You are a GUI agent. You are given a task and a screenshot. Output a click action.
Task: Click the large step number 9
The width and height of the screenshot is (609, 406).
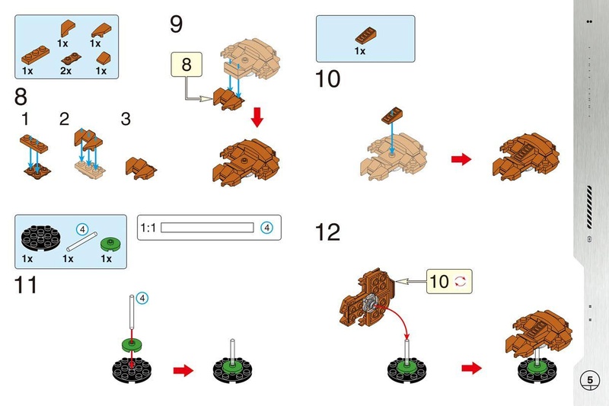pyautogui.click(x=176, y=24)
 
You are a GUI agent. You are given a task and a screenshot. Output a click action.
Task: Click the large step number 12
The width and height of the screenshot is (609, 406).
pyautogui.click(x=327, y=232)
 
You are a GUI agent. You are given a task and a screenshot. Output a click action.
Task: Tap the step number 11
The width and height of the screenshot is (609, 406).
pyautogui.click(x=26, y=285)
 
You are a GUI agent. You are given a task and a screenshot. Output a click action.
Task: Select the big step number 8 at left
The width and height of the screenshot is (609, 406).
pyautogui.click(x=21, y=97)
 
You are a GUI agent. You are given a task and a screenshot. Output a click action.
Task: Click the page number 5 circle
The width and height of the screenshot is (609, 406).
pyautogui.click(x=589, y=380)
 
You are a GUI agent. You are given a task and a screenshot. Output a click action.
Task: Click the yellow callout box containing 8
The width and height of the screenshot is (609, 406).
pyautogui.click(x=187, y=64)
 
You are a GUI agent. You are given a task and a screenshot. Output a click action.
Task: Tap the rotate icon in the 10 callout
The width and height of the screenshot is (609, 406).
pyautogui.click(x=461, y=281)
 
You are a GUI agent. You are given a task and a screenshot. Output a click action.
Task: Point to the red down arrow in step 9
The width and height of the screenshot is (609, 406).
pyautogui.click(x=257, y=117)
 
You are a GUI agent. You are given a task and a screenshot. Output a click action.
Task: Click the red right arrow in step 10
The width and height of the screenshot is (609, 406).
pyautogui.click(x=461, y=159)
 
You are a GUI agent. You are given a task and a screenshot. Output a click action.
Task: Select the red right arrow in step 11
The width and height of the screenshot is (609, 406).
pyautogui.click(x=183, y=370)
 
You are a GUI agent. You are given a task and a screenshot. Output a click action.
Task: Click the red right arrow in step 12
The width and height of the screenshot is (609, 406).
pyautogui.click(x=471, y=368)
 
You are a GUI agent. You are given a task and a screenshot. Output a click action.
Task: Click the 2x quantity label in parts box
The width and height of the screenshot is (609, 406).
pyautogui.click(x=65, y=71)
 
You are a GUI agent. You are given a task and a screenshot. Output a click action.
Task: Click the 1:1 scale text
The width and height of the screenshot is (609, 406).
pyautogui.click(x=148, y=228)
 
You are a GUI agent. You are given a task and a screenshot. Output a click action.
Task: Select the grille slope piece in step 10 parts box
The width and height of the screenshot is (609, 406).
pyautogui.click(x=365, y=35)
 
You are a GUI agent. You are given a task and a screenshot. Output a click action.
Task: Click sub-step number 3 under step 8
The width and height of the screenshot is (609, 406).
pyautogui.click(x=126, y=120)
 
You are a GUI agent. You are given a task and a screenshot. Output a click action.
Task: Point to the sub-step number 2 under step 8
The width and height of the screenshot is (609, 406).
pyautogui.click(x=64, y=120)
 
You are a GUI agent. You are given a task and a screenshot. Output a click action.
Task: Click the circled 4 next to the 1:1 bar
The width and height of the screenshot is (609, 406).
pyautogui.click(x=266, y=228)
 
